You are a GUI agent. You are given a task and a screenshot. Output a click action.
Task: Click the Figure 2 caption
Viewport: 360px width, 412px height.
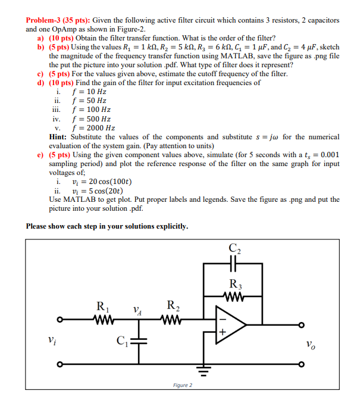[181, 385]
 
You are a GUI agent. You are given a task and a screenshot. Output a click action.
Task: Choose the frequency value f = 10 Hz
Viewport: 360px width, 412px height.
[89, 92]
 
